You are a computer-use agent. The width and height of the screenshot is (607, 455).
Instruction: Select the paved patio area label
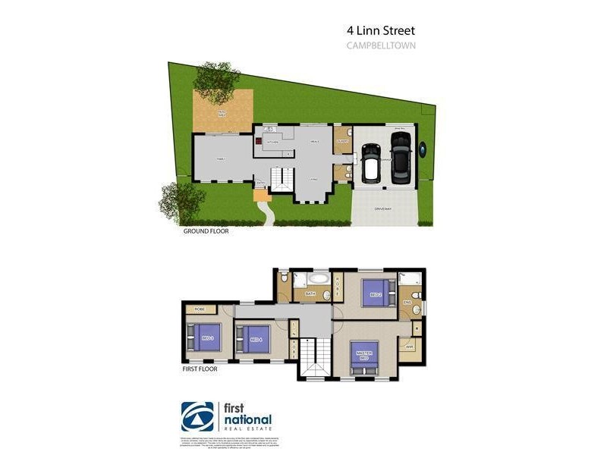click(x=222, y=112)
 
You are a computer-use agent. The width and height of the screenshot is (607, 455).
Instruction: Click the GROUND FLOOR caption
click(x=206, y=232)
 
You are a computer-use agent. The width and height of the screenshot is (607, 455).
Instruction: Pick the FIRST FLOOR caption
click(x=200, y=369)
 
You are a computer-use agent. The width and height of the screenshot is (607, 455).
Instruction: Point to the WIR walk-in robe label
click(x=410, y=348)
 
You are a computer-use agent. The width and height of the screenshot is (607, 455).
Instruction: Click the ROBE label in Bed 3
click(x=200, y=309)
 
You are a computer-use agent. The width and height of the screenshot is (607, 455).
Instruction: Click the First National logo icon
click(x=197, y=416)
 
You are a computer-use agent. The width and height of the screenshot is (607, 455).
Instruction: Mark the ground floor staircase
click(x=282, y=180)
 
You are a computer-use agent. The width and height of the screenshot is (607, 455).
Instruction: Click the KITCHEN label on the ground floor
click(x=272, y=142)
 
